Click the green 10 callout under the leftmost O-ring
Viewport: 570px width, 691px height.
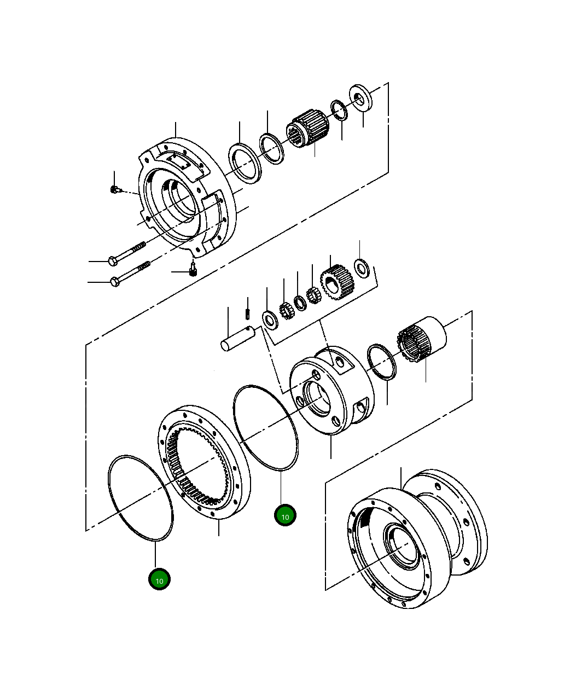[159, 580]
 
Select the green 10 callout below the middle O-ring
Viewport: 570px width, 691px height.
[284, 515]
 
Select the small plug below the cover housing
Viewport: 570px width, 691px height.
[193, 271]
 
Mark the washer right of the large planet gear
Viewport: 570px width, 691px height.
[362, 268]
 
